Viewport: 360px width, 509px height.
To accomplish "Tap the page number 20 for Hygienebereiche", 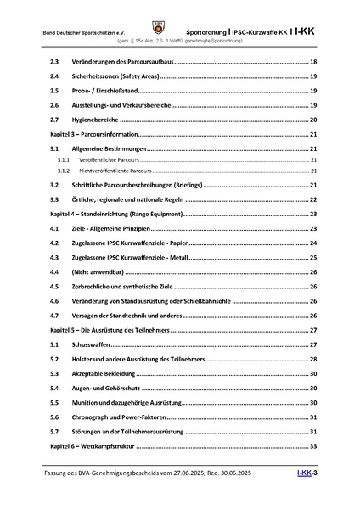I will [x=313, y=121].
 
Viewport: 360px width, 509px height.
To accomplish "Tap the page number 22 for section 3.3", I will [x=313, y=200].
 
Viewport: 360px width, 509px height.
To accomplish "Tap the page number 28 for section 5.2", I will [x=313, y=359].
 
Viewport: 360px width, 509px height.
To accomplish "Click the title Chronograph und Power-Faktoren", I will [x=127, y=417].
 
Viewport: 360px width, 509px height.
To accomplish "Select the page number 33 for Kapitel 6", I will [x=313, y=446].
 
